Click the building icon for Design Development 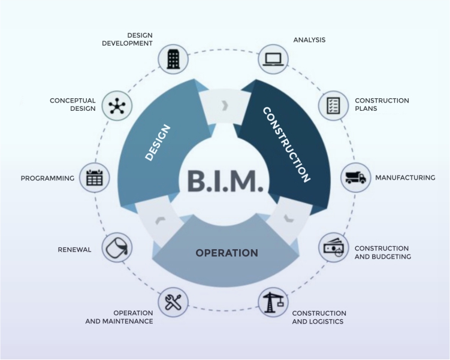(173, 59)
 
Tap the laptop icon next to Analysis (273, 59)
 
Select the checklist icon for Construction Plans (333, 105)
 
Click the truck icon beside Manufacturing (355, 178)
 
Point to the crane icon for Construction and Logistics (273, 302)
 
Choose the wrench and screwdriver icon (173, 302)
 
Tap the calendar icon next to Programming (95, 178)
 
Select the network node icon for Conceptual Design (116, 105)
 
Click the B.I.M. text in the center (225, 181)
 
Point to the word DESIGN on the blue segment (158, 142)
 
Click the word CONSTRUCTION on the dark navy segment (286, 144)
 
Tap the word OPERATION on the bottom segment (226, 253)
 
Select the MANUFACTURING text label (404, 178)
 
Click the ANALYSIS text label (309, 40)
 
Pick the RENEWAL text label (74, 249)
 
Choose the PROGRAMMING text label (47, 178)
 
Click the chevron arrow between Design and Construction (225, 106)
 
